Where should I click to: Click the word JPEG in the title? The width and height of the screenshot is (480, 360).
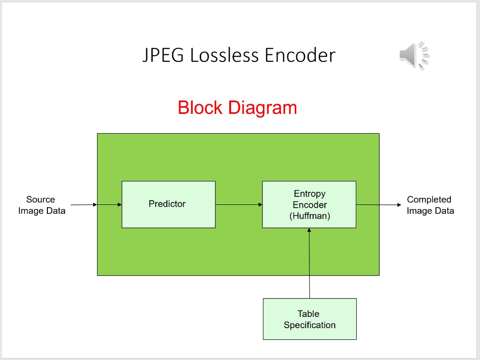tap(164, 55)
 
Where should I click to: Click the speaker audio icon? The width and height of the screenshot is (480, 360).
tap(414, 55)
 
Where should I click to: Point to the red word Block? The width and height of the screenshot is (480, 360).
tap(200, 108)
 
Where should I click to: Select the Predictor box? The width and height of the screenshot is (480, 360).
tap(168, 204)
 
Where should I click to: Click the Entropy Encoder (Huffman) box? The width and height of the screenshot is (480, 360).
tap(309, 204)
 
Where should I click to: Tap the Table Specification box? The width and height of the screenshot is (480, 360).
tap(309, 319)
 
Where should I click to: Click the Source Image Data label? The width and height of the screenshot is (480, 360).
tap(41, 205)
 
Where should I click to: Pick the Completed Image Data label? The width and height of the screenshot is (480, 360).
tap(430, 205)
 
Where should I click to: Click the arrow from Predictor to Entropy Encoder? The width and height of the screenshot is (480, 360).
tap(239, 204)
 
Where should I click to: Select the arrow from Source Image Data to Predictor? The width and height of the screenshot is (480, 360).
tap(96, 204)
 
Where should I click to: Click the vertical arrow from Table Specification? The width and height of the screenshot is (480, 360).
tap(309, 263)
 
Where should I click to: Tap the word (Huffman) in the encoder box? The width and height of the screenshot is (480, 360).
tap(309, 216)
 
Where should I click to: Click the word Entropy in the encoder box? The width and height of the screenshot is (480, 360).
tap(309, 194)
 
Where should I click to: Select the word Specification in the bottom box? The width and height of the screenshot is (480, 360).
tap(309, 325)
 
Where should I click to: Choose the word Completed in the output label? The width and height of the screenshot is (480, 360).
tap(429, 199)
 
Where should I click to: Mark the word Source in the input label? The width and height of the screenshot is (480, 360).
tap(40, 199)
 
